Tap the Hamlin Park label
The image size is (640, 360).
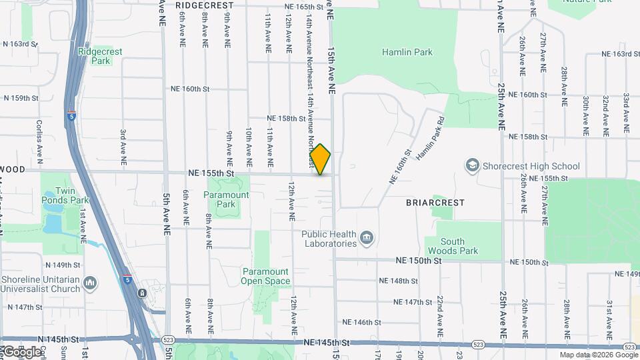coord(407,52)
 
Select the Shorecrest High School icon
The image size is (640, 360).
coord(473,165)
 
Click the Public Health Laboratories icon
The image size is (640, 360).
coord(366,238)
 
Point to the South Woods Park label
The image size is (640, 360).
coord(459,246)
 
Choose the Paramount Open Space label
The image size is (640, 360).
coord(265,276)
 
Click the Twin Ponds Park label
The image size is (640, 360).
coord(65,195)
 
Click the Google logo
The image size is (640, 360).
coord(21,351)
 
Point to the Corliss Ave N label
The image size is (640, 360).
coord(39,141)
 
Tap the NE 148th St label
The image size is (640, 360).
coord(398,281)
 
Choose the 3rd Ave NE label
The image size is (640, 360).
coord(123,147)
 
